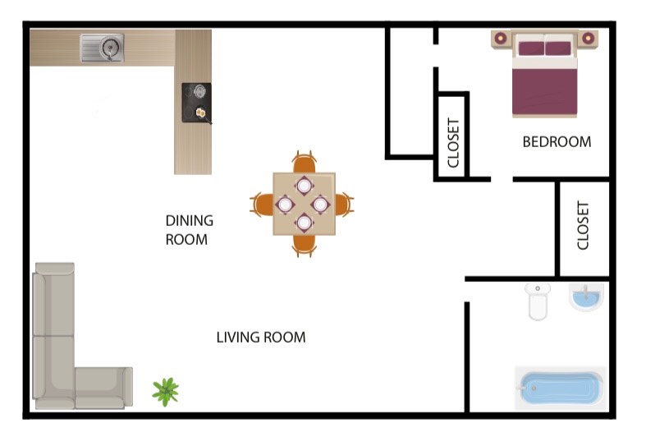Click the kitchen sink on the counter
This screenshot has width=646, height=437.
(x=102, y=48)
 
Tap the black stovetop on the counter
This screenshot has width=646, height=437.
(x=196, y=103)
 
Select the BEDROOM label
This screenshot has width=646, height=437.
(x=557, y=141)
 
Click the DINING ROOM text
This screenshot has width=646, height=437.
(x=189, y=230)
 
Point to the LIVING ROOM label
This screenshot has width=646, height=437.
(x=261, y=337)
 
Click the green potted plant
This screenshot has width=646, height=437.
(x=166, y=391)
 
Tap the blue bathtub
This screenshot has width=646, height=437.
(x=560, y=386)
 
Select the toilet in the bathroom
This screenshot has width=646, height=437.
(x=538, y=301)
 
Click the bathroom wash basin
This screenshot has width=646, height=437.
(x=586, y=297)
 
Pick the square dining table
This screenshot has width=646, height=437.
(x=304, y=203)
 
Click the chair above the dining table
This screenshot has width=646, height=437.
(x=304, y=162)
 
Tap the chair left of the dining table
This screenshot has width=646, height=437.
(x=261, y=204)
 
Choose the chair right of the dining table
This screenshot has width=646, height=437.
(x=346, y=203)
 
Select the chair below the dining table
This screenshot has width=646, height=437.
(x=305, y=245)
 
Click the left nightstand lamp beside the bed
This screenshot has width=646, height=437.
(x=501, y=37)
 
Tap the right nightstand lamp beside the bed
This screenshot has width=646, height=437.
(x=588, y=38)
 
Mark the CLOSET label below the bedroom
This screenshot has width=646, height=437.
(x=584, y=225)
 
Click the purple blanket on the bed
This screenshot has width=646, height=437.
(x=544, y=90)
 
